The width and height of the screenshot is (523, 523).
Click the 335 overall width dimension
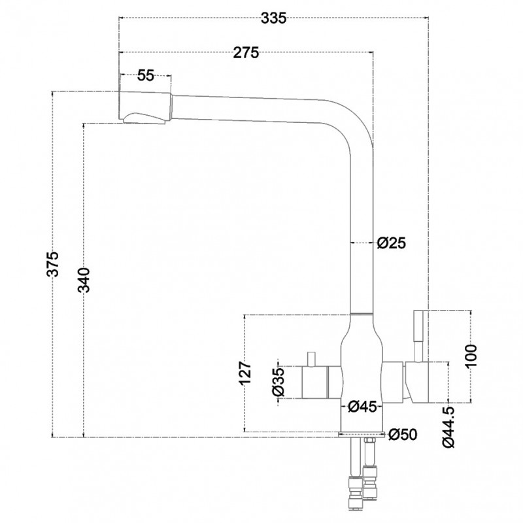pos(273,18)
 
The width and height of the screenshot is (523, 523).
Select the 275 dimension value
pos(246,53)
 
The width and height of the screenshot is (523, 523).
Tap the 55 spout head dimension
pos(146,76)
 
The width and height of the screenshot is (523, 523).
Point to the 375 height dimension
pos(52,264)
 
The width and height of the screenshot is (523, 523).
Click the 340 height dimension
pos(84,280)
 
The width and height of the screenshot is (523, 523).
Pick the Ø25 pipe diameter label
pos(391,243)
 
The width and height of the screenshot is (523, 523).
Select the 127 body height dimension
pos(245,373)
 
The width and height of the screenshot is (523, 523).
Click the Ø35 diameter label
pos(278,382)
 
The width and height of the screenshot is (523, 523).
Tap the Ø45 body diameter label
pos(362,407)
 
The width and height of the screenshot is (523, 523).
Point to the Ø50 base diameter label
pos(403,434)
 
